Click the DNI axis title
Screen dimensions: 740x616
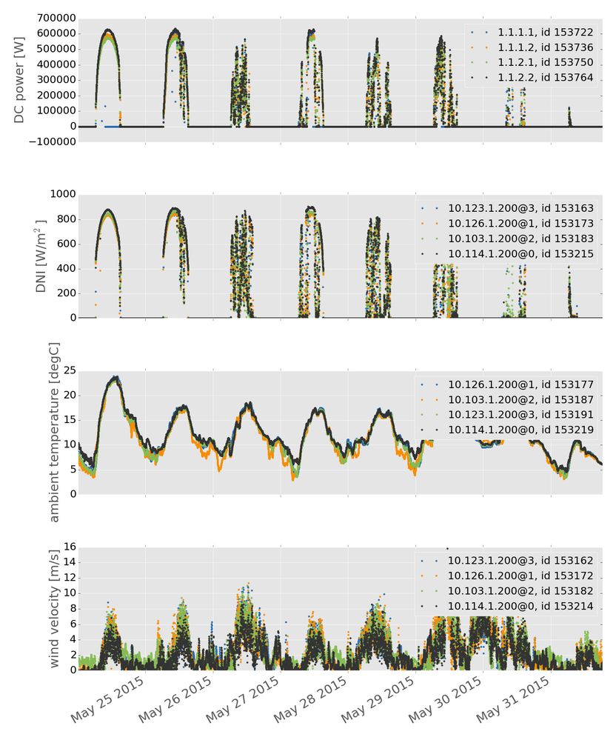point(42,255)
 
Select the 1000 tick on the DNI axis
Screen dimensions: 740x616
point(58,194)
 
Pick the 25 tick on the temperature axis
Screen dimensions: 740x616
point(67,370)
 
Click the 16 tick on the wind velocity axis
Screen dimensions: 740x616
point(67,547)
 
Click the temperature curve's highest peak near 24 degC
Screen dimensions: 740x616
point(115,378)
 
